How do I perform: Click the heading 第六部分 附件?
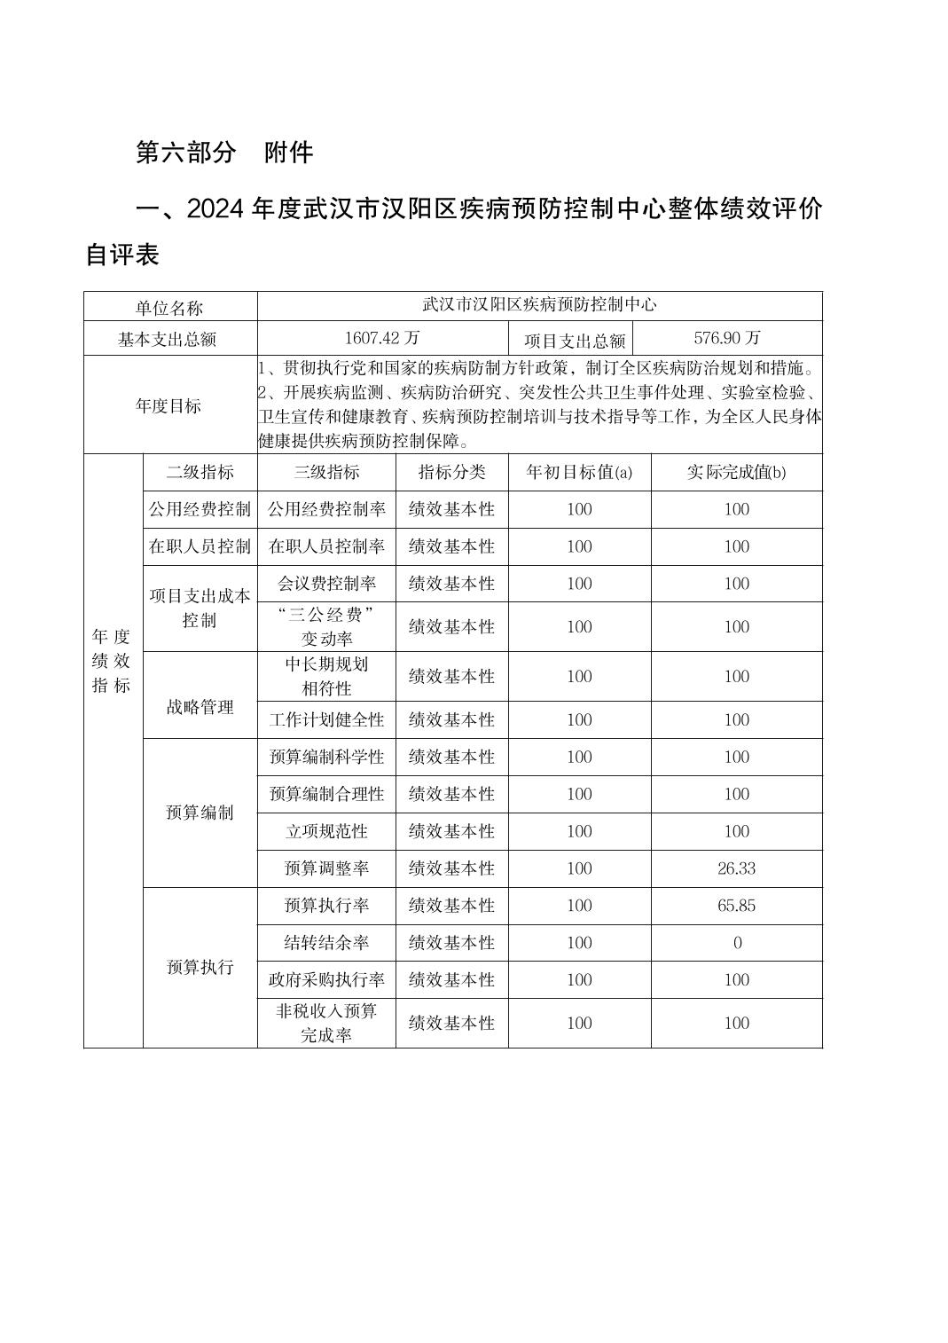point(224,153)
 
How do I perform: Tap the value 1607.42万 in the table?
point(382,338)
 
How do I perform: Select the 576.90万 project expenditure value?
point(727,338)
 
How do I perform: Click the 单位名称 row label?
point(169,308)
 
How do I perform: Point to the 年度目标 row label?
point(169,405)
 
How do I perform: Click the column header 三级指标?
point(326,472)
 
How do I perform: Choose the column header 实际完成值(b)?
point(736,472)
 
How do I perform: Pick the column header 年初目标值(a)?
point(579,472)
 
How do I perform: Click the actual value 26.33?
point(736,868)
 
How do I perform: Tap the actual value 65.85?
point(736,906)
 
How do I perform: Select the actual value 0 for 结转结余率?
point(737,943)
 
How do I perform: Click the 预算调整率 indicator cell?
point(326,868)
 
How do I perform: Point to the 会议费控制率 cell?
point(326,584)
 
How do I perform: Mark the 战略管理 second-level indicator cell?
point(200,707)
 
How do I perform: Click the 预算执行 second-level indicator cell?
point(200,967)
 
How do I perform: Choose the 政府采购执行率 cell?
point(326,980)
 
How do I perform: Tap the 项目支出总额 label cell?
point(575,340)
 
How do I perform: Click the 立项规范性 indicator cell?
point(326,831)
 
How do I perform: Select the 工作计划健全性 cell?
point(326,720)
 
